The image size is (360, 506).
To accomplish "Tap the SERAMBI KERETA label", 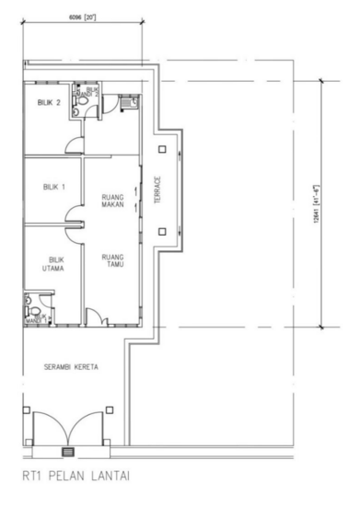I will (x=71, y=366).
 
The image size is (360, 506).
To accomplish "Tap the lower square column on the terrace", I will (x=162, y=232).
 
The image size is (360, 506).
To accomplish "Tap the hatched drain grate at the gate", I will (x=66, y=452).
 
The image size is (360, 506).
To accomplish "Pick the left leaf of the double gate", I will (x=48, y=428).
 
